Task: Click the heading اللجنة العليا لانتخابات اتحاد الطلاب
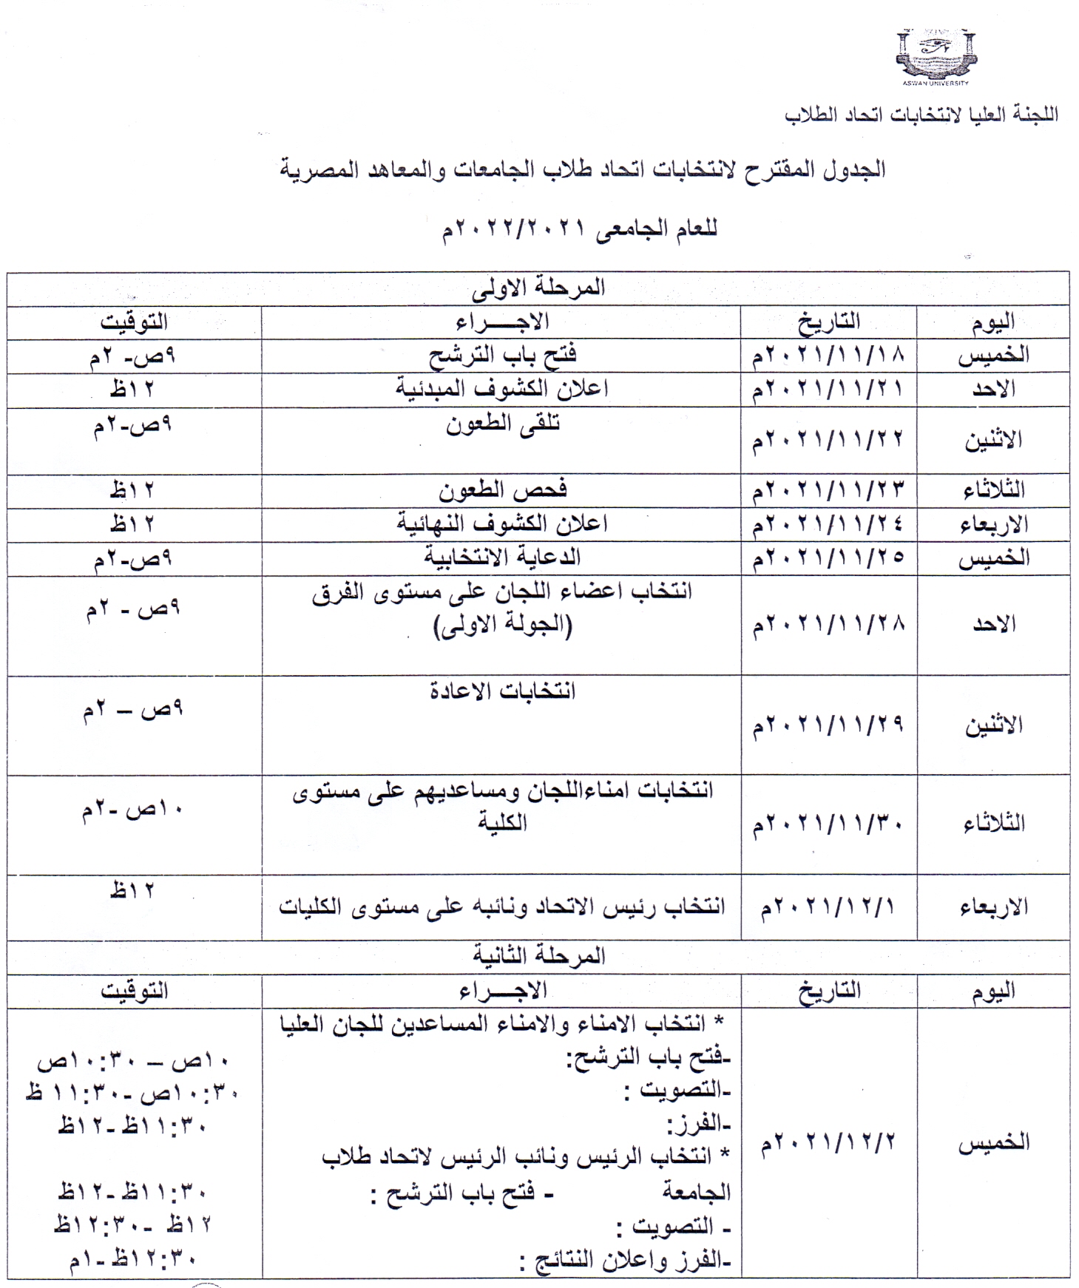coord(921,115)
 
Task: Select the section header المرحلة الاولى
coord(538,288)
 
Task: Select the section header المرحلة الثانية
coord(538,956)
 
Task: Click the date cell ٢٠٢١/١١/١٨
coord(828,356)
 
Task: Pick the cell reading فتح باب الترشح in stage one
coord(502,356)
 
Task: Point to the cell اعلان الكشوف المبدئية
coord(501,389)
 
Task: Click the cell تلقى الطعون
coord(502,424)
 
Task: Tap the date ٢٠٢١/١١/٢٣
coord(828,490)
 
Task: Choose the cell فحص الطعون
coord(502,490)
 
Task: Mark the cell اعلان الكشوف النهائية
coord(501,524)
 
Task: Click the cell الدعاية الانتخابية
coord(502,558)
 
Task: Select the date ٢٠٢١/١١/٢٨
coord(828,625)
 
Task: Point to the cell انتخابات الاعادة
coord(502,692)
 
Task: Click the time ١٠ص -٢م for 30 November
coord(132,810)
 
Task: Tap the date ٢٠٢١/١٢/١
coord(828,906)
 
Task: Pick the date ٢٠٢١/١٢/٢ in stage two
coord(828,1142)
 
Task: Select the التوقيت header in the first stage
coord(134,322)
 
